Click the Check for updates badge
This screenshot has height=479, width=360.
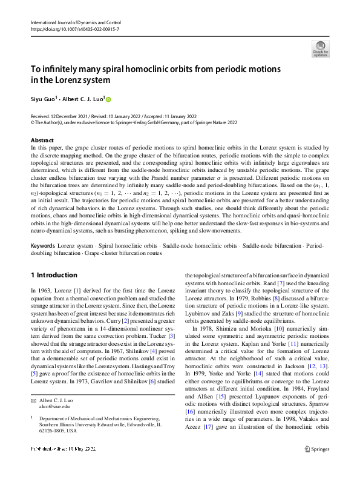pyautogui.click(x=320, y=49)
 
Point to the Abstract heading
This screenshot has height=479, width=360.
pyautogui.click(x=42, y=140)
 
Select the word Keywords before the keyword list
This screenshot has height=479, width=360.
pyautogui.click(x=44, y=262)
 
